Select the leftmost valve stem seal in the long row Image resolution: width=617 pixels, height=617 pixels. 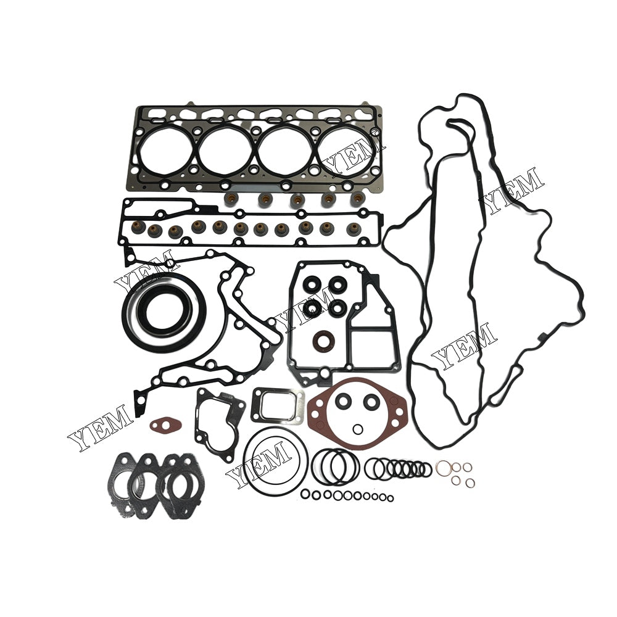tap(138, 228)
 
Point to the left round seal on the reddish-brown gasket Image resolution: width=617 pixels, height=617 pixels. tap(344, 402)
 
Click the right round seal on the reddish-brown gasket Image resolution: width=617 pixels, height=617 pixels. tap(371, 402)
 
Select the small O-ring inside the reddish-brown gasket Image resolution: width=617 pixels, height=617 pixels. tap(358, 429)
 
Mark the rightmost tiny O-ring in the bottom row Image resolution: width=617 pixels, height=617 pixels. tap(389, 499)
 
